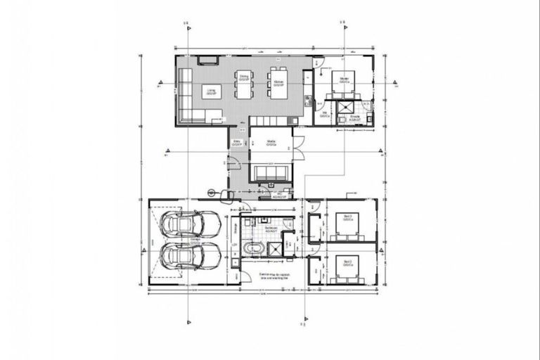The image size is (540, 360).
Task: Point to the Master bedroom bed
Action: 344,83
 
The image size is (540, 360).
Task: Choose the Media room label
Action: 271,143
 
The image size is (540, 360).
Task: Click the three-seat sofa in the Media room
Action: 270,173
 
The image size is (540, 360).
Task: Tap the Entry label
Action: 237,143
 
